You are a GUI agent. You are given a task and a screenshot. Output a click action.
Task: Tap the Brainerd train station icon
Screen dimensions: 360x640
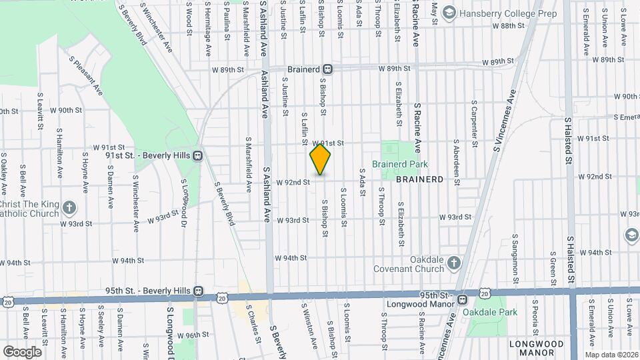click(x=328, y=69)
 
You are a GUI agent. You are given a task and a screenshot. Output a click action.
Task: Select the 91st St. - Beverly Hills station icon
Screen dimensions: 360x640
click(x=198, y=155)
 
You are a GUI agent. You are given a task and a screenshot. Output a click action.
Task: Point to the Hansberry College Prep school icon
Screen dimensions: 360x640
click(x=449, y=13)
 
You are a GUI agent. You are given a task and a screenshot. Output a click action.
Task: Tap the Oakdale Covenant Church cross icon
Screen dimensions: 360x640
click(x=454, y=261)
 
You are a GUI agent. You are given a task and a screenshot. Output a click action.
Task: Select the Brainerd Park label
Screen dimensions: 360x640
click(x=399, y=164)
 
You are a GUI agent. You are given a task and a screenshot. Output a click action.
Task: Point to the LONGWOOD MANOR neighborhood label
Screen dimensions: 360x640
click(x=537, y=348)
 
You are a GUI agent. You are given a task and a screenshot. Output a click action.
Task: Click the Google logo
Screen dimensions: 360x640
click(x=22, y=351)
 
